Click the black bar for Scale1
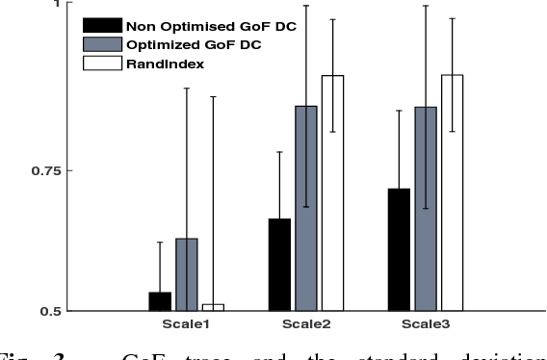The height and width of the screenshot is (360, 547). (160, 301)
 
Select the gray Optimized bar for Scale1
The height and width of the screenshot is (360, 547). (186, 274)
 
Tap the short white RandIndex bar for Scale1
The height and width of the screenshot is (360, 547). (213, 307)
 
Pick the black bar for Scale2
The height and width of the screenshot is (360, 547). (279, 265)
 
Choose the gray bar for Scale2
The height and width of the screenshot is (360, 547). (306, 208)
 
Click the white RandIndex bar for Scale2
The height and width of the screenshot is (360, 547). (332, 193)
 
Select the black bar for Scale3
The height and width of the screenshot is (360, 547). (399, 249)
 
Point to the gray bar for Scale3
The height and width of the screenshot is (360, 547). (425, 208)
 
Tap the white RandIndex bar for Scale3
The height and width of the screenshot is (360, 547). (452, 193)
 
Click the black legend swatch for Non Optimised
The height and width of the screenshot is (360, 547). (102, 26)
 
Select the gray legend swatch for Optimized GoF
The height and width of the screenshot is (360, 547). (102, 44)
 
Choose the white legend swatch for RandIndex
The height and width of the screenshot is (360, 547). (102, 64)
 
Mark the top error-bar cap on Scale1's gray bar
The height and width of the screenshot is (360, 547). (186, 89)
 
